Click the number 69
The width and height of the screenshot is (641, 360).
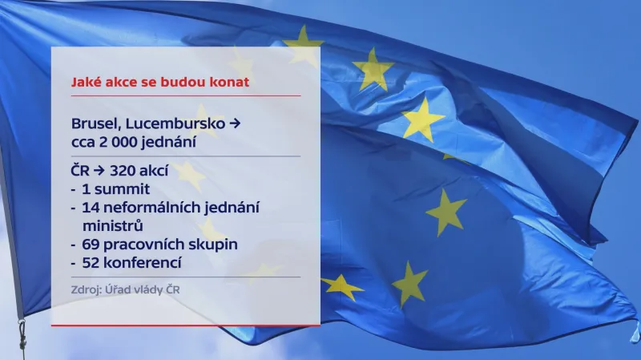(90, 244)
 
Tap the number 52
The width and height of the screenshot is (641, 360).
(90, 261)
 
